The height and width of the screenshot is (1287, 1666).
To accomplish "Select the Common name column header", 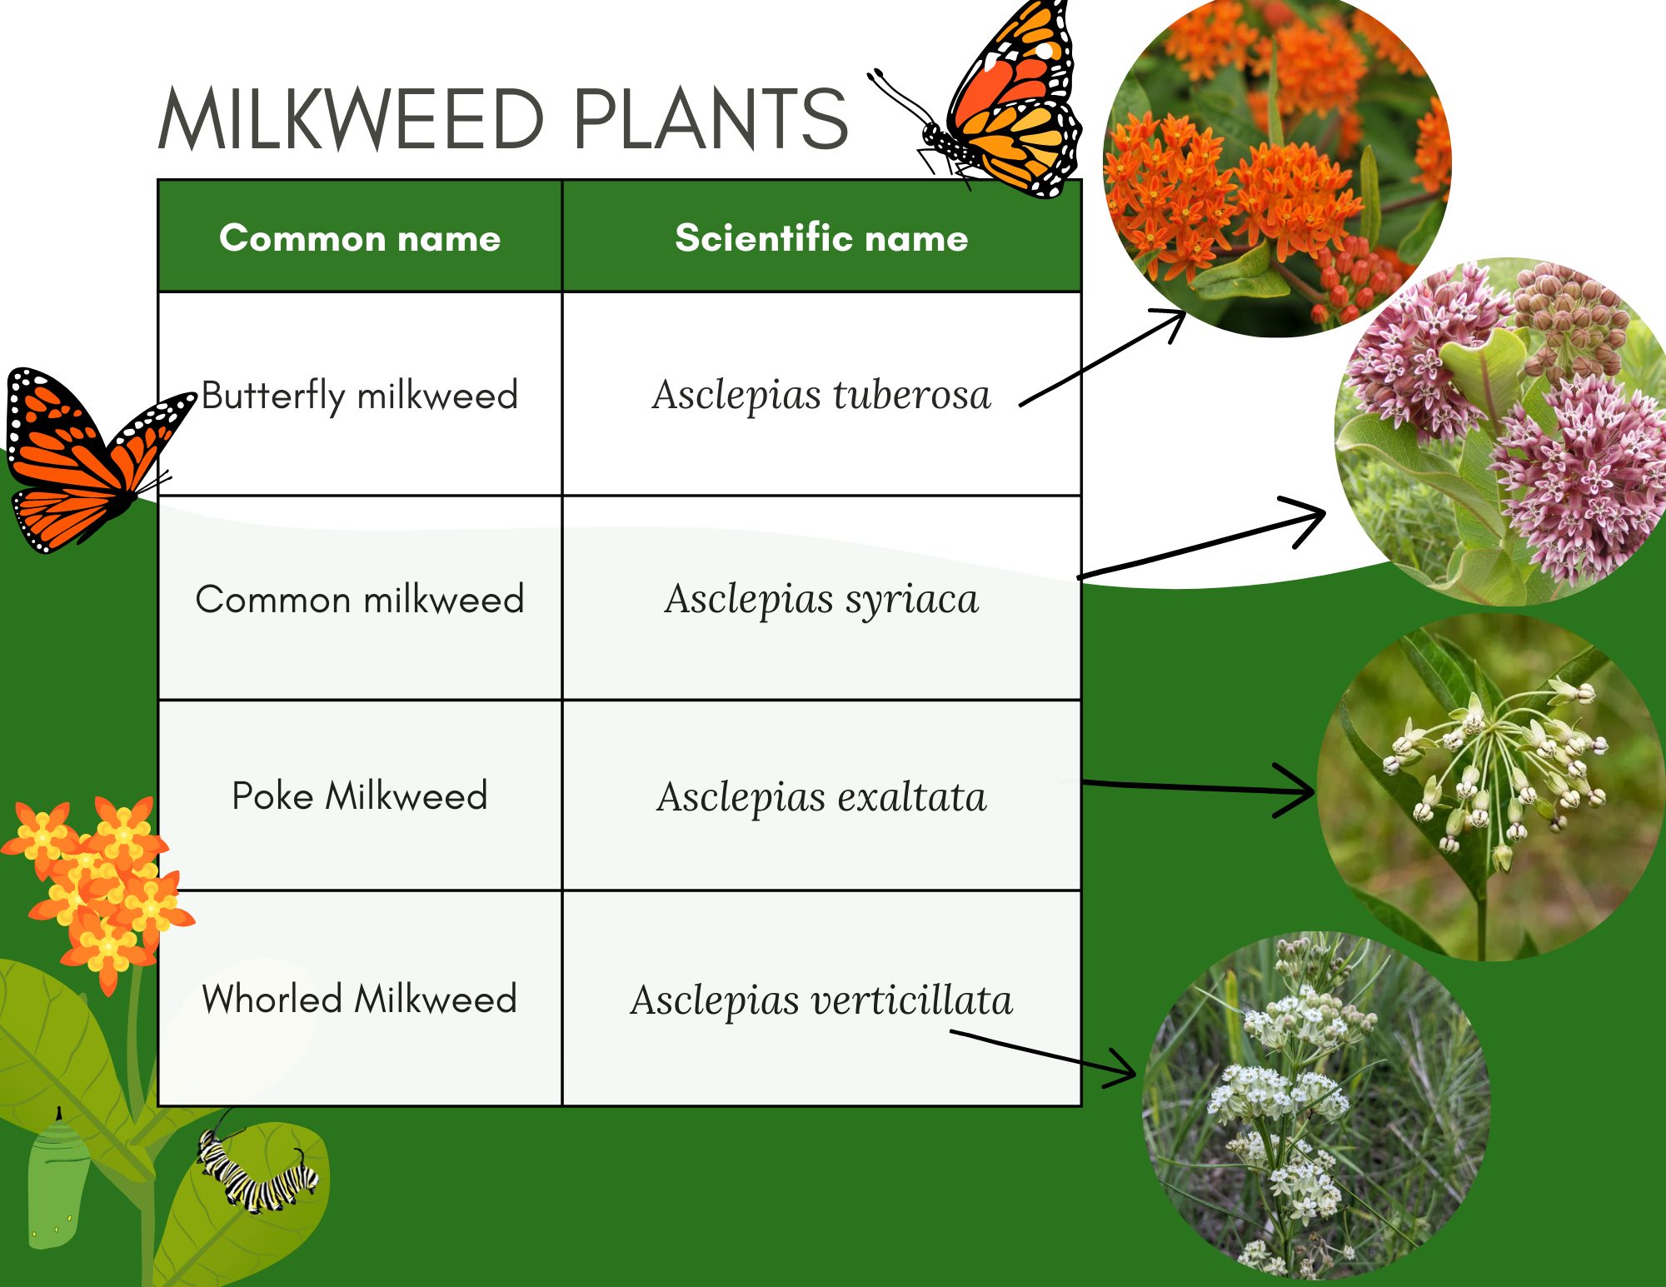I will click(x=360, y=238).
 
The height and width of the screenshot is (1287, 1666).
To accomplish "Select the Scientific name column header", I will click(x=821, y=238).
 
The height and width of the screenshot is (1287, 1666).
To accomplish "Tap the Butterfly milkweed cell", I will click(x=360, y=395).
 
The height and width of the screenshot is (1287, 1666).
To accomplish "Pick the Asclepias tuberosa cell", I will click(x=821, y=395).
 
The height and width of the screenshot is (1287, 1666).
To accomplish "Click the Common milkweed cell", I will click(x=360, y=599).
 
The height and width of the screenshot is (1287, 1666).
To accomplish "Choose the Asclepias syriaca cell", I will click(x=821, y=599).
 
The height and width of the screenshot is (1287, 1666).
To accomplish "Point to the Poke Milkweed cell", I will click(x=360, y=796).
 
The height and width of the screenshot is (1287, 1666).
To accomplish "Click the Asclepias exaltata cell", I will click(x=821, y=796).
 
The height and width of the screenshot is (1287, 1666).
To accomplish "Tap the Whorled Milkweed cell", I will click(x=360, y=999).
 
